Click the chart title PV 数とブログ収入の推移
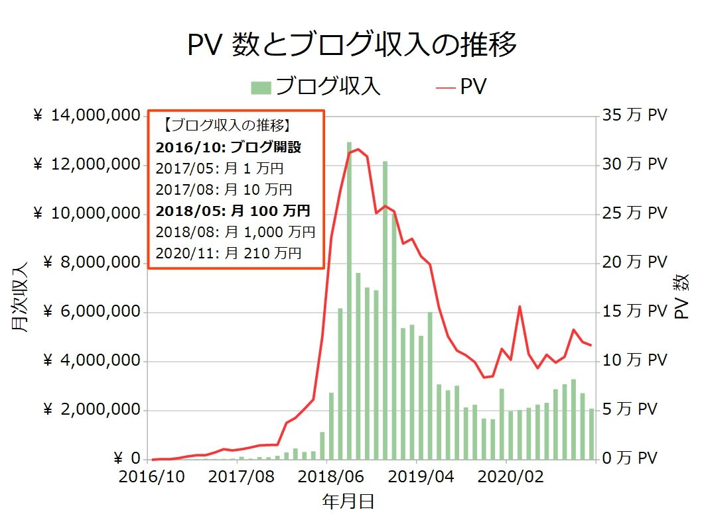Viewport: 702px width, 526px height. [352, 46]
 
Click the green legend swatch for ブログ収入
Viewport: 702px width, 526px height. [261, 87]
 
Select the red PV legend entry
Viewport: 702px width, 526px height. [463, 87]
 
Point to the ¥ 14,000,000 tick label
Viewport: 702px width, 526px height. [81, 116]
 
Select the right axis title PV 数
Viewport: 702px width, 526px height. [682, 297]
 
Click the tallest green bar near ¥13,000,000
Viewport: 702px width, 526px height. [349, 298]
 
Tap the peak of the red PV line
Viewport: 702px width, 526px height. [358, 149]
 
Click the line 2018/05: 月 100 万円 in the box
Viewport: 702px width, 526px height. [232, 211]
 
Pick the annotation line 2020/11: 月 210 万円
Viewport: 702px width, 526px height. [228, 253]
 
